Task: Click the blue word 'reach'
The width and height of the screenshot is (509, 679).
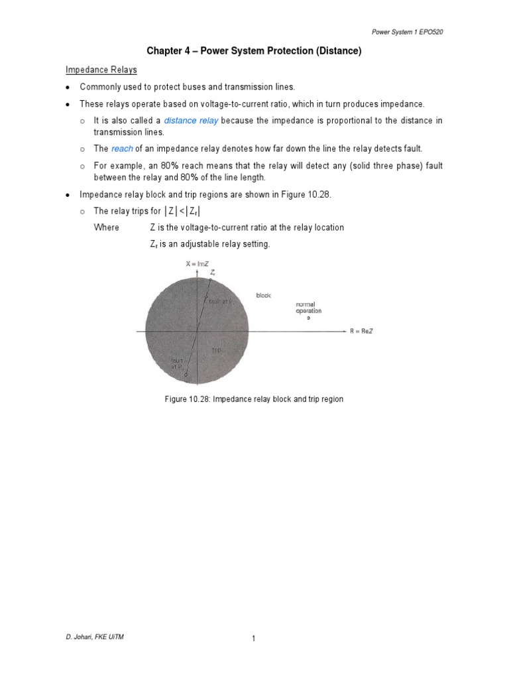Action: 122,149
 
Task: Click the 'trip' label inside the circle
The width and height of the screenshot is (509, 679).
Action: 216,349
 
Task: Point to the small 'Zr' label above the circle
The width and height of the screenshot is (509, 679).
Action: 212,272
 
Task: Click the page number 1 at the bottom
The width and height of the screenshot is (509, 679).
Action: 254,638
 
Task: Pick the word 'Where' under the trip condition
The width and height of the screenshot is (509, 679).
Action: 107,227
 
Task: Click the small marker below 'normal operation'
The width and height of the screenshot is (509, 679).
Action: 308,318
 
